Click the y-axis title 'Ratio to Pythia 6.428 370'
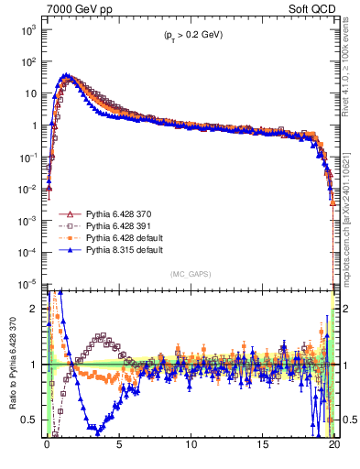[x=11, y=365]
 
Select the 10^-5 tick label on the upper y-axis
[x=28, y=283]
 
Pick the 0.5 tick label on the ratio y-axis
[x=33, y=420]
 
